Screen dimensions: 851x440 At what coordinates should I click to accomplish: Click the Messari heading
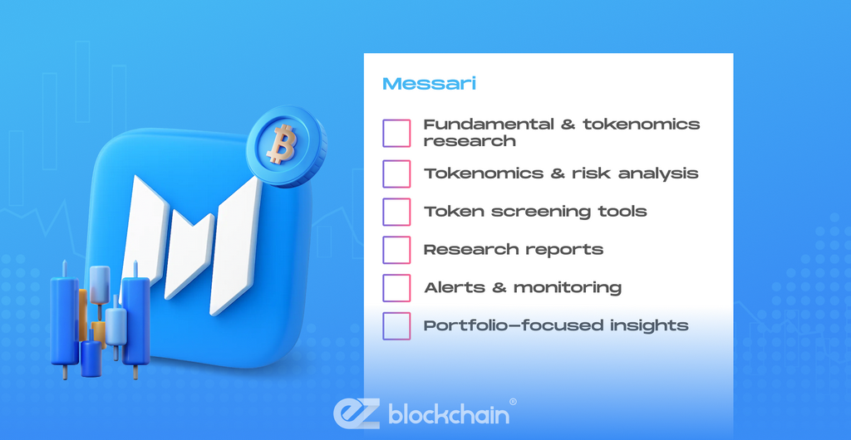click(x=430, y=84)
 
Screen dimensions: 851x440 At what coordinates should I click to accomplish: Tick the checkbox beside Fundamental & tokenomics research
click(x=396, y=134)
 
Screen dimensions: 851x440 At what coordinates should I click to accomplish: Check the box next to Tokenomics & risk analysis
click(x=396, y=174)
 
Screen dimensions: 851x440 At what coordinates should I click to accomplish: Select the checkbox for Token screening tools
click(x=396, y=212)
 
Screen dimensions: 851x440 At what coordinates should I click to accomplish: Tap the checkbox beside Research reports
click(x=396, y=250)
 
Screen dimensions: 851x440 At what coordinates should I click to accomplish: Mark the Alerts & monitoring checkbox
click(x=396, y=288)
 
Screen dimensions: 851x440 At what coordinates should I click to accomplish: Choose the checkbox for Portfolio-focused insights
click(x=396, y=325)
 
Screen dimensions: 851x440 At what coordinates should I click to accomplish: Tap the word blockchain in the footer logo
click(x=448, y=415)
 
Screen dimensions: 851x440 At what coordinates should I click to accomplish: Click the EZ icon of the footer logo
click(x=358, y=414)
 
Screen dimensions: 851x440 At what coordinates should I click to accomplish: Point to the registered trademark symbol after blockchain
click(x=512, y=402)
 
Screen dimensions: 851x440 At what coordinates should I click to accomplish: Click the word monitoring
click(x=567, y=288)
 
